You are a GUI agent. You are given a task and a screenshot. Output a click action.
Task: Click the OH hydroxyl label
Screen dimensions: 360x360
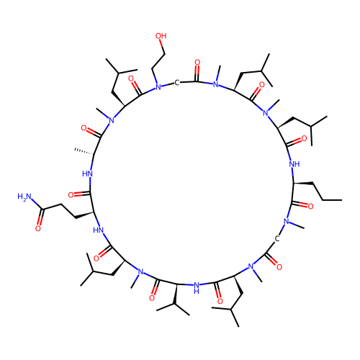[161, 36]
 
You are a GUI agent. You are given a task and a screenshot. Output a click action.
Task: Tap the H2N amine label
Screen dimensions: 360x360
[24, 197]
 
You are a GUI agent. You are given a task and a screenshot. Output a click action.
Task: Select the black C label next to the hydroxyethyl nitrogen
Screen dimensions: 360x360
[177, 83]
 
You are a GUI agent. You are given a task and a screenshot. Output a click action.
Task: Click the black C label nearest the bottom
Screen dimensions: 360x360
[277, 239]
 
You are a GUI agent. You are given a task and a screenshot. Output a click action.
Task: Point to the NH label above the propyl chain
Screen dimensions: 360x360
[294, 164]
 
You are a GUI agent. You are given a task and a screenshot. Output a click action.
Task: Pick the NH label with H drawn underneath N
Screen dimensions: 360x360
[197, 288]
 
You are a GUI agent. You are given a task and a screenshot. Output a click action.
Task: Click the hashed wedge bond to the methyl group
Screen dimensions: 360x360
[84, 152]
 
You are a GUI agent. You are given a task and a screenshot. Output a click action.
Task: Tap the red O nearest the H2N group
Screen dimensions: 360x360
[38, 228]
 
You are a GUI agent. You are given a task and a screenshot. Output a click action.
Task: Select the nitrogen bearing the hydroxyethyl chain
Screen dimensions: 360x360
[158, 87]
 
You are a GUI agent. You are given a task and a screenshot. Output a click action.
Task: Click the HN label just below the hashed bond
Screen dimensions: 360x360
[87, 174]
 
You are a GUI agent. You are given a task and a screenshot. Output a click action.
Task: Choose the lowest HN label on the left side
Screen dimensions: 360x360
[98, 230]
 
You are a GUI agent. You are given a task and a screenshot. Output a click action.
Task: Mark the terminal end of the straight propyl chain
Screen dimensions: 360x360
[341, 200]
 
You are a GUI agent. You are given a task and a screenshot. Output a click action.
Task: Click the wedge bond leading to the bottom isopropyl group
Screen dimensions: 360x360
[176, 294]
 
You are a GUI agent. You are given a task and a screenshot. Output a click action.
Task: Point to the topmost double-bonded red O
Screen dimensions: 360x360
[197, 63]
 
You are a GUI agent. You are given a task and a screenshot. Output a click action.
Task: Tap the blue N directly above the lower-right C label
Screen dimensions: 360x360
[287, 221]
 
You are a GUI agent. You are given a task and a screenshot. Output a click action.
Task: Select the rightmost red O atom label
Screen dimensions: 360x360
[310, 207]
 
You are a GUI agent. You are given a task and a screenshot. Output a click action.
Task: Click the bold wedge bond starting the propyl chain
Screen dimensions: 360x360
[303, 184]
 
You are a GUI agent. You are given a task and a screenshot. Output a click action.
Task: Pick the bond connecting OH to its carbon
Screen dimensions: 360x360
[163, 47]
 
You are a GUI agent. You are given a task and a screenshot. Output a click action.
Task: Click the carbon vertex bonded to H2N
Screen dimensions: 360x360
[42, 210]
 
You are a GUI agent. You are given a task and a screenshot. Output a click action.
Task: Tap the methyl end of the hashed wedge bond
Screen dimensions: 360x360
[75, 150]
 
